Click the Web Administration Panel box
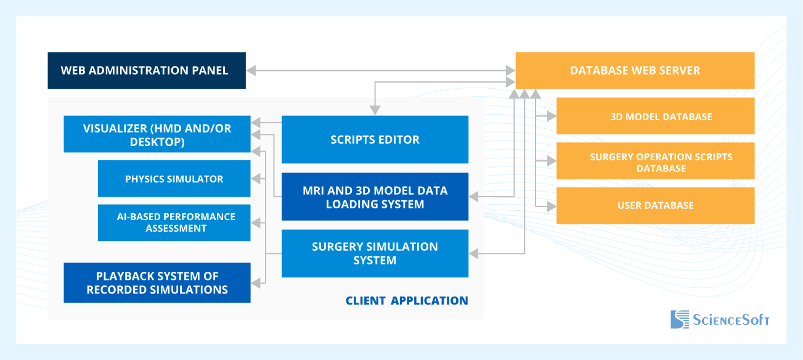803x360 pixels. pyautogui.click(x=147, y=70)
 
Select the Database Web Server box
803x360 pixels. pyautogui.click(x=635, y=70)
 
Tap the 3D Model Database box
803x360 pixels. pyautogui.click(x=655, y=116)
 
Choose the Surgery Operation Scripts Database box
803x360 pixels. pyautogui.click(x=655, y=162)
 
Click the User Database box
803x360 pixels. pyautogui.click(x=655, y=205)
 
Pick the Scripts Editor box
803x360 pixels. pyautogui.click(x=375, y=139)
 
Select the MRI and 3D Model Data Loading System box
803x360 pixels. pyautogui.click(x=375, y=197)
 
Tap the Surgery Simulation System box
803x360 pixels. pyautogui.click(x=375, y=253)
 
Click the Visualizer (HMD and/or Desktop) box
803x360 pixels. pyautogui.click(x=157, y=134)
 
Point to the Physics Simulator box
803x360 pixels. pyautogui.click(x=174, y=179)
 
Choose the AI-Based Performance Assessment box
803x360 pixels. pyautogui.click(x=174, y=223)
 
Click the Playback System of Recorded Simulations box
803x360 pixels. pyautogui.click(x=157, y=282)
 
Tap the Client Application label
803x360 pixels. pyautogui.click(x=407, y=301)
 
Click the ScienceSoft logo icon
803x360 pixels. pyautogui.click(x=680, y=319)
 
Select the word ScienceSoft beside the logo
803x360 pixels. pyautogui.click(x=732, y=320)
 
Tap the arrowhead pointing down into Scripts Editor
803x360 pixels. pyautogui.click(x=375, y=111)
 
